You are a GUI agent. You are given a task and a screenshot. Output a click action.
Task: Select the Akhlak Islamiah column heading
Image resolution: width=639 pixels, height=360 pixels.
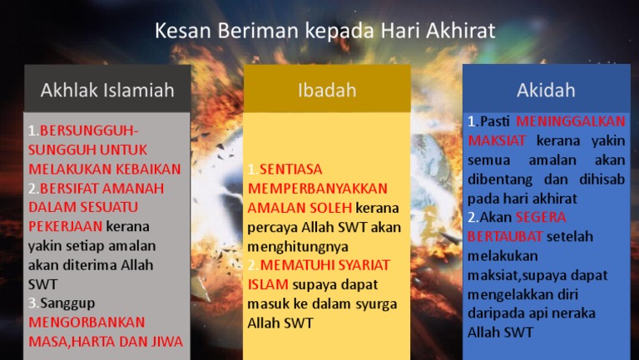tap(107, 89)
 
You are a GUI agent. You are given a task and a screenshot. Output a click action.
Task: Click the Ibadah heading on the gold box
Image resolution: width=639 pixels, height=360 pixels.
tap(327, 89)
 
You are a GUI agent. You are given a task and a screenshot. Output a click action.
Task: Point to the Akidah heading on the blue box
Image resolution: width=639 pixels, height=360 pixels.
tap(546, 89)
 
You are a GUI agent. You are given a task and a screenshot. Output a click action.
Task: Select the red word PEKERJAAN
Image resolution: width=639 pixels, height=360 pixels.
tap(66, 226)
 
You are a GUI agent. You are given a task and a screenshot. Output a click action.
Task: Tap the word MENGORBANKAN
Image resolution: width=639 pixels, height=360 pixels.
tap(87, 322)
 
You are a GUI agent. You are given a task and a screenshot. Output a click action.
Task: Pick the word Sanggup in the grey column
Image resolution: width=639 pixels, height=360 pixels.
tap(62, 303)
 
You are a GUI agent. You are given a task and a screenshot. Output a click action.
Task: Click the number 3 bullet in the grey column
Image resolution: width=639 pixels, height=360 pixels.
tap(32, 303)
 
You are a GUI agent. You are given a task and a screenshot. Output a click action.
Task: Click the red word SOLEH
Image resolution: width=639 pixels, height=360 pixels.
tap(330, 208)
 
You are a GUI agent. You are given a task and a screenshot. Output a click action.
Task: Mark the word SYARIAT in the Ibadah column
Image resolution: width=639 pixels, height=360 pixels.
tap(361, 265)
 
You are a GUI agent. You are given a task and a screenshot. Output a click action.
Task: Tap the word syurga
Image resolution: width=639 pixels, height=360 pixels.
tap(377, 303)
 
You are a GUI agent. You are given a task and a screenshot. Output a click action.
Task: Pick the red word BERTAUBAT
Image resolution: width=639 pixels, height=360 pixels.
tap(506, 236)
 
